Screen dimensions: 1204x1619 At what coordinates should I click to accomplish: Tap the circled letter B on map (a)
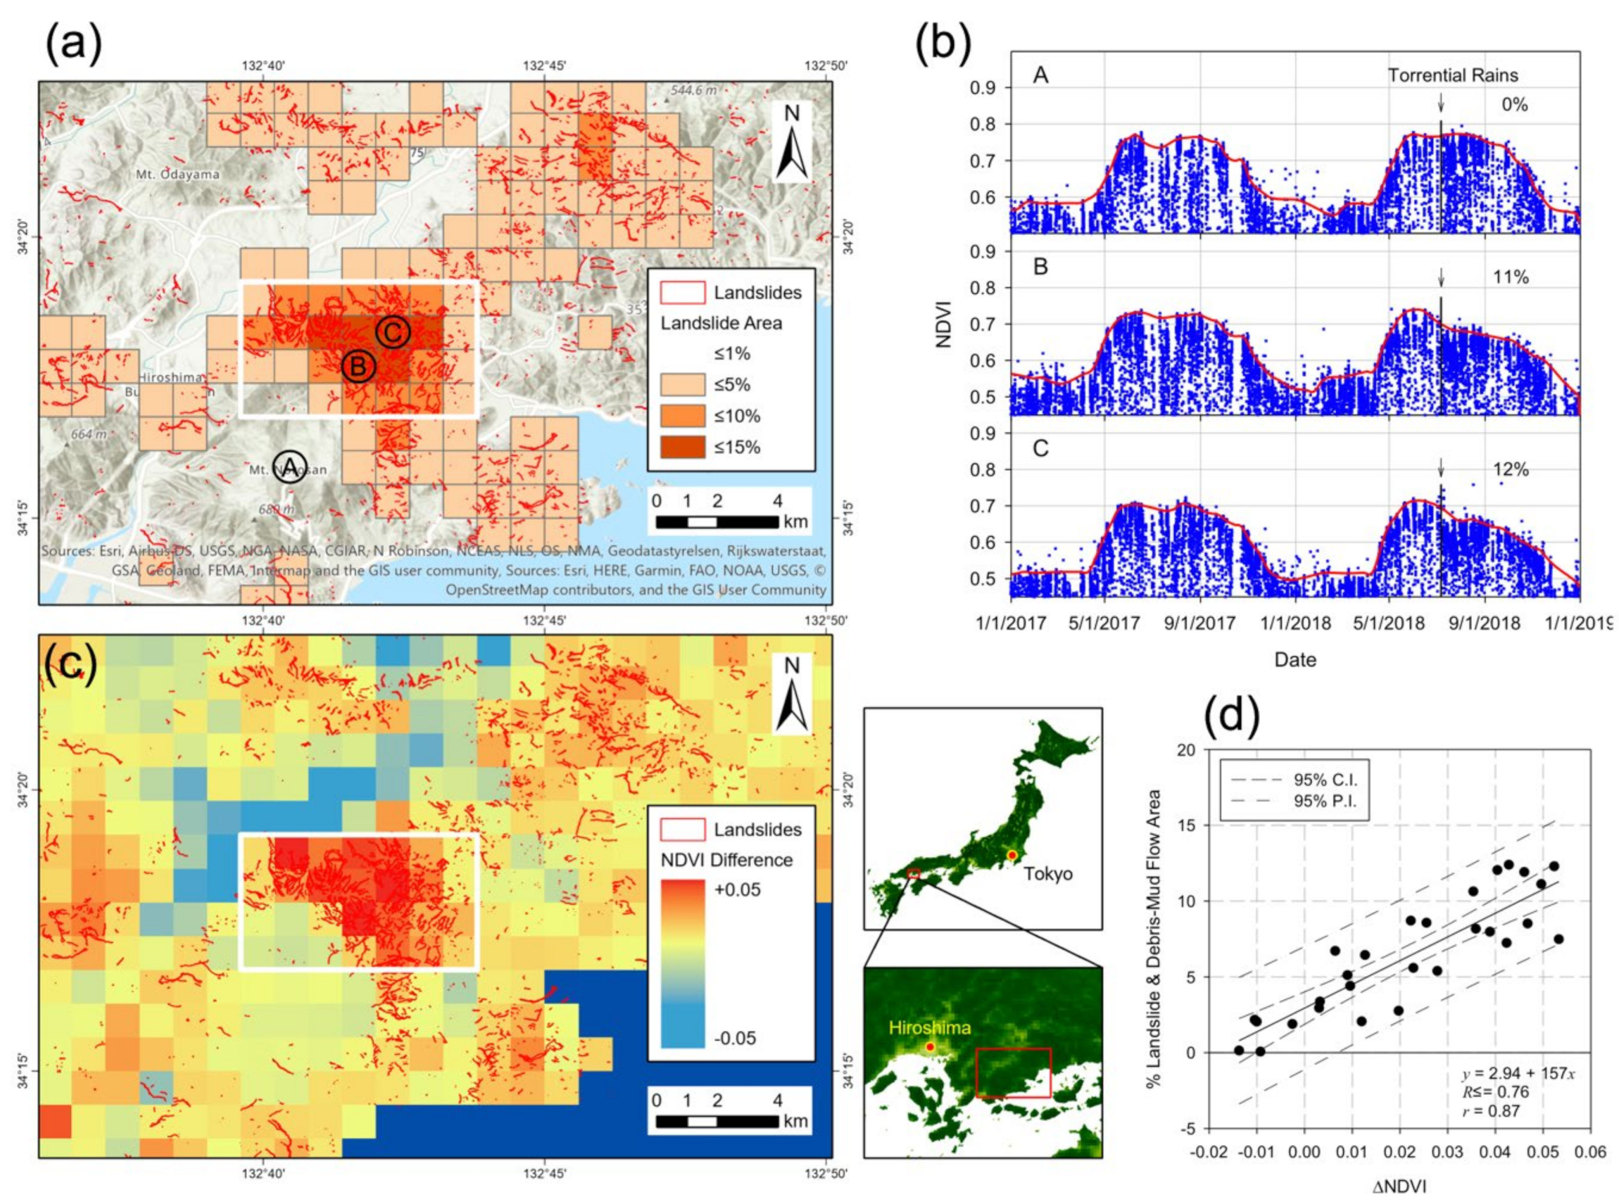[x=358, y=367]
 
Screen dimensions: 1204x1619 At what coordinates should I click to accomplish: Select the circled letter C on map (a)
[x=392, y=332]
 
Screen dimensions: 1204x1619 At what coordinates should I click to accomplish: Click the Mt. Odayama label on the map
[x=177, y=175]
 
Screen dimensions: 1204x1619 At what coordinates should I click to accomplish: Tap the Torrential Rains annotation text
[x=1452, y=75]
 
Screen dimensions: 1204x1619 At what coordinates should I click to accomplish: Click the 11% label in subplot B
[x=1511, y=277]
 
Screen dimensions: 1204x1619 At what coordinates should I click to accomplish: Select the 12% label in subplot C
[x=1511, y=469]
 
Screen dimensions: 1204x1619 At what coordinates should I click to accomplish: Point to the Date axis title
[x=1294, y=659]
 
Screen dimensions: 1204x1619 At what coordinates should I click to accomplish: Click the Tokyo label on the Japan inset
[x=1047, y=873]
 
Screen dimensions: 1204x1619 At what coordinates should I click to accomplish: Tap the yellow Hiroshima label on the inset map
[x=929, y=1027]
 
